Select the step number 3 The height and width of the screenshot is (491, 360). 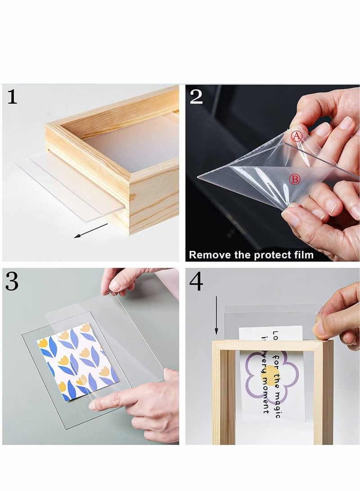[12, 282]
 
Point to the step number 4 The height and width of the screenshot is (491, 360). [196, 282]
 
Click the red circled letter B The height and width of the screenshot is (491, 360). [294, 180]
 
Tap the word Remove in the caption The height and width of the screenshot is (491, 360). [208, 255]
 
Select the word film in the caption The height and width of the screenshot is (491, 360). [303, 255]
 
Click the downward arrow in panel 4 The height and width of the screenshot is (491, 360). [216, 315]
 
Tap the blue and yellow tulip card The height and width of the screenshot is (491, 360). [77, 360]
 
